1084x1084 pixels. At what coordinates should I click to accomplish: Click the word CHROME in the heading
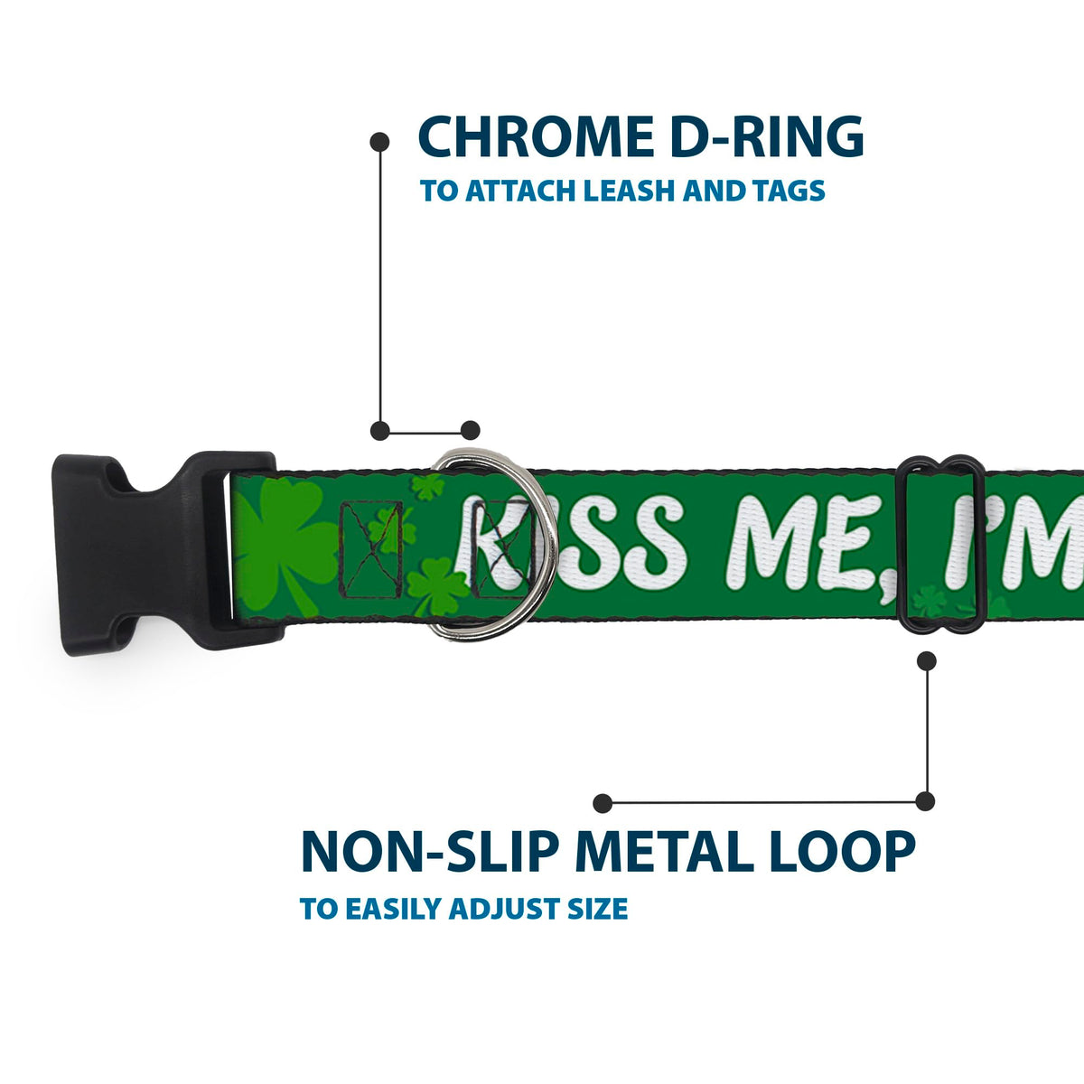[536, 136]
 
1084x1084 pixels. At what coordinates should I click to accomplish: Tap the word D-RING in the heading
[767, 136]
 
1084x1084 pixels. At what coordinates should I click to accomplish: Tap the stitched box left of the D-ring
[372, 549]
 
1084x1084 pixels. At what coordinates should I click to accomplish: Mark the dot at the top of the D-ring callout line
[379, 142]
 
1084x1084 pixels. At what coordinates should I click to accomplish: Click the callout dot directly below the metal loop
[927, 661]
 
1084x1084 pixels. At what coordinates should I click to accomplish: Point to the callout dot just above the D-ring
[471, 430]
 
